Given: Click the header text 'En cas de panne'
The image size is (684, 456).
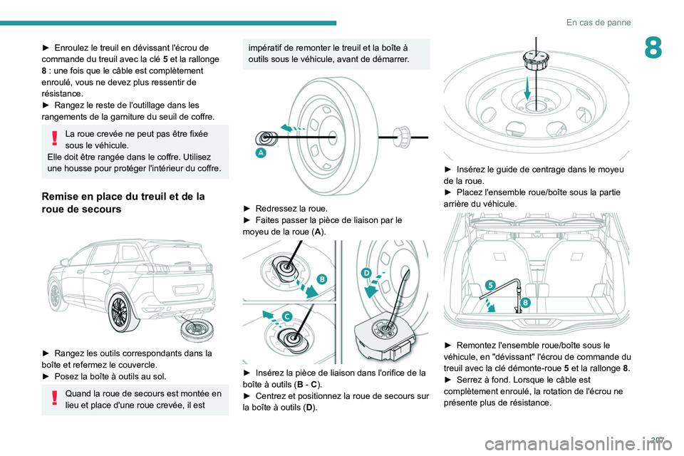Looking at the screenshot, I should point(598,22).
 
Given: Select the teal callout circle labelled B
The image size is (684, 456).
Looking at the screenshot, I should point(321,279).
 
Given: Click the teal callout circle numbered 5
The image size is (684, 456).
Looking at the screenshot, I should point(490,286).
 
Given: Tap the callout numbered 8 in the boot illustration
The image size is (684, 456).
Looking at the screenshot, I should point(525,303).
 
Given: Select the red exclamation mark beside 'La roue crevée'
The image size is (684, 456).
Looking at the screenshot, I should point(56,140).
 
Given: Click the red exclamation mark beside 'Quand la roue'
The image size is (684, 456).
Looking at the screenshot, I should point(56,400).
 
